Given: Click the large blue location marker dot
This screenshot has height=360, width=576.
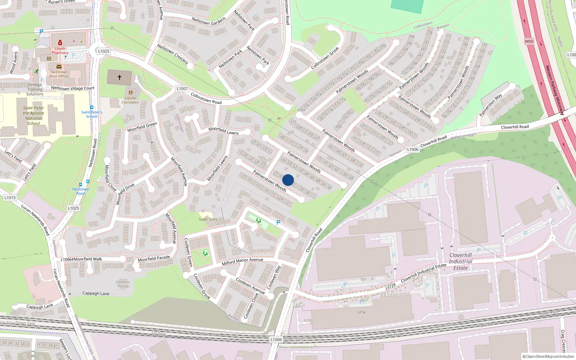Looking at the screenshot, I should coord(288,180).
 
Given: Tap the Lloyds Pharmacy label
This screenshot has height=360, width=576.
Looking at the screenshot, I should coord(60,50).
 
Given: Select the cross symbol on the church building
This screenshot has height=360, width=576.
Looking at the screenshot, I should coord(119,77).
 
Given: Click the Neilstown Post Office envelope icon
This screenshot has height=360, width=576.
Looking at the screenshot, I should coord(59,67).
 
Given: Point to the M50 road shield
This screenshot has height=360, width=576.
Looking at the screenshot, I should coord(529,41).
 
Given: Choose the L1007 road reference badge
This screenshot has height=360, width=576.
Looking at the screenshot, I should coord(182,89).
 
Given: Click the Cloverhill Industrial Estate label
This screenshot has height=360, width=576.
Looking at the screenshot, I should coord(460,261).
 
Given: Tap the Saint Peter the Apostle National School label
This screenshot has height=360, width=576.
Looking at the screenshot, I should coord(33,116).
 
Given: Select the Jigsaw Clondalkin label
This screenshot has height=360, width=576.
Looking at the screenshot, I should coord(130,100).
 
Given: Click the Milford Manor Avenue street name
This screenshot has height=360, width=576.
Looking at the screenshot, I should coord(242,261).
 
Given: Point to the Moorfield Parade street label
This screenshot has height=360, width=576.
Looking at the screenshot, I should coord(154,258).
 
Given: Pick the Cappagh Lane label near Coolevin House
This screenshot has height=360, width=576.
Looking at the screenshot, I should coord(96,293).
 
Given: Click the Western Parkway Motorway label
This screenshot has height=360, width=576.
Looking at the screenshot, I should coord(554,90).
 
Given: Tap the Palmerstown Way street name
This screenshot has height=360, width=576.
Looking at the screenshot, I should coord(490,105).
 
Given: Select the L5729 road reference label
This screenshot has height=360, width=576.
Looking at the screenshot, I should coord(390,287).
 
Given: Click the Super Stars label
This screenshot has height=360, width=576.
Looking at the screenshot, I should coord(208,219).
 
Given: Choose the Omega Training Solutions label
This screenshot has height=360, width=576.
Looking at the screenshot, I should coord(35,89).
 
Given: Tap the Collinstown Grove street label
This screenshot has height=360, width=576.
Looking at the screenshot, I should coord(325,58).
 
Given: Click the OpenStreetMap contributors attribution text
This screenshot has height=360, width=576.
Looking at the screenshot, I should coord(548,356).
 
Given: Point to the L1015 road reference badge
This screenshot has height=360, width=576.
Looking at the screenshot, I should coord(10,198).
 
